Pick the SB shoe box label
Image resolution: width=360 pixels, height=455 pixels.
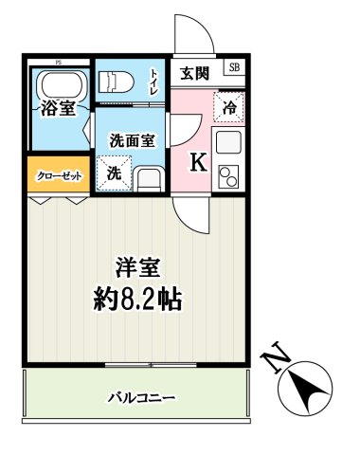234,67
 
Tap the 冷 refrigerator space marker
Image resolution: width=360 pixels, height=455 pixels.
228,107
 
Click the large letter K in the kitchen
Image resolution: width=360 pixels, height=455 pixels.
198,162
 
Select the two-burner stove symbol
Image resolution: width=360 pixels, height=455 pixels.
229,177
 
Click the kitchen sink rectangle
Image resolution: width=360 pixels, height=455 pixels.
229,143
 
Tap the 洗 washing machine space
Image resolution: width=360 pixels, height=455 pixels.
113,173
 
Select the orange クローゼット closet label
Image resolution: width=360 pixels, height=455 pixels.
59,177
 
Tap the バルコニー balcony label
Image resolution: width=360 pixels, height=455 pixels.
143,397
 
